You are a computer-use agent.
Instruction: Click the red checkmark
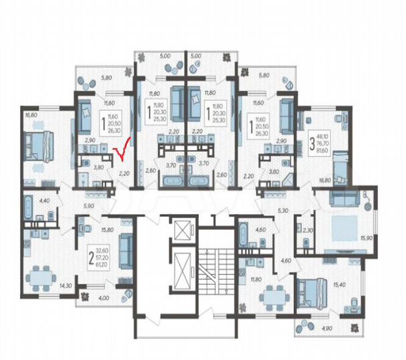click(122, 153)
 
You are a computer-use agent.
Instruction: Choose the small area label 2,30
click(307, 230)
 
